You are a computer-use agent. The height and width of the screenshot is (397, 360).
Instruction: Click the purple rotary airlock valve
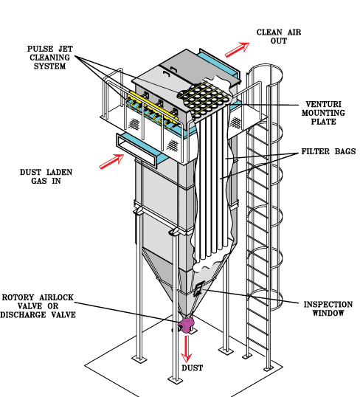tap(186, 325)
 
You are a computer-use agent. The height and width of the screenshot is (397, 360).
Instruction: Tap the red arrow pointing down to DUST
tap(187, 349)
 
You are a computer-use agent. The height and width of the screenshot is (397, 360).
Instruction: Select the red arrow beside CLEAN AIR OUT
tap(238, 49)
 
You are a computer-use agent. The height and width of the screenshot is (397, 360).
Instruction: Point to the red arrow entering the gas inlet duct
tap(111, 162)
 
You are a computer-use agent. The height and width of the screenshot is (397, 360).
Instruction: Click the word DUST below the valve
tap(192, 368)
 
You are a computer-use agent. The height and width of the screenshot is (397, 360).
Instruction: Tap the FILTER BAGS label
tap(328, 151)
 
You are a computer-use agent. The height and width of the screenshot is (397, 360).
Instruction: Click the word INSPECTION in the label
tap(328, 304)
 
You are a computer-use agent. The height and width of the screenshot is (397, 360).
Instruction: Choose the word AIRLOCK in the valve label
tap(56, 297)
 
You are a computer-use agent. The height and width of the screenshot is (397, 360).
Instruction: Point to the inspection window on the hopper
tap(198, 289)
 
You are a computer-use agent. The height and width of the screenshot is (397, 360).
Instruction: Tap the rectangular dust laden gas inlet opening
tap(136, 149)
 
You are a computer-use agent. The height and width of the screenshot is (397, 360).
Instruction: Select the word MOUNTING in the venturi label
tap(323, 113)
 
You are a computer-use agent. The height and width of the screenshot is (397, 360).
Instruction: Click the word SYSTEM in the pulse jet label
tap(49, 66)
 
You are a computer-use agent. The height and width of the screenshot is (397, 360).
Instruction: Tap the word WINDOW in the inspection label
tap(328, 313)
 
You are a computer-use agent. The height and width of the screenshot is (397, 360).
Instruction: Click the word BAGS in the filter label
tap(345, 151)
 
